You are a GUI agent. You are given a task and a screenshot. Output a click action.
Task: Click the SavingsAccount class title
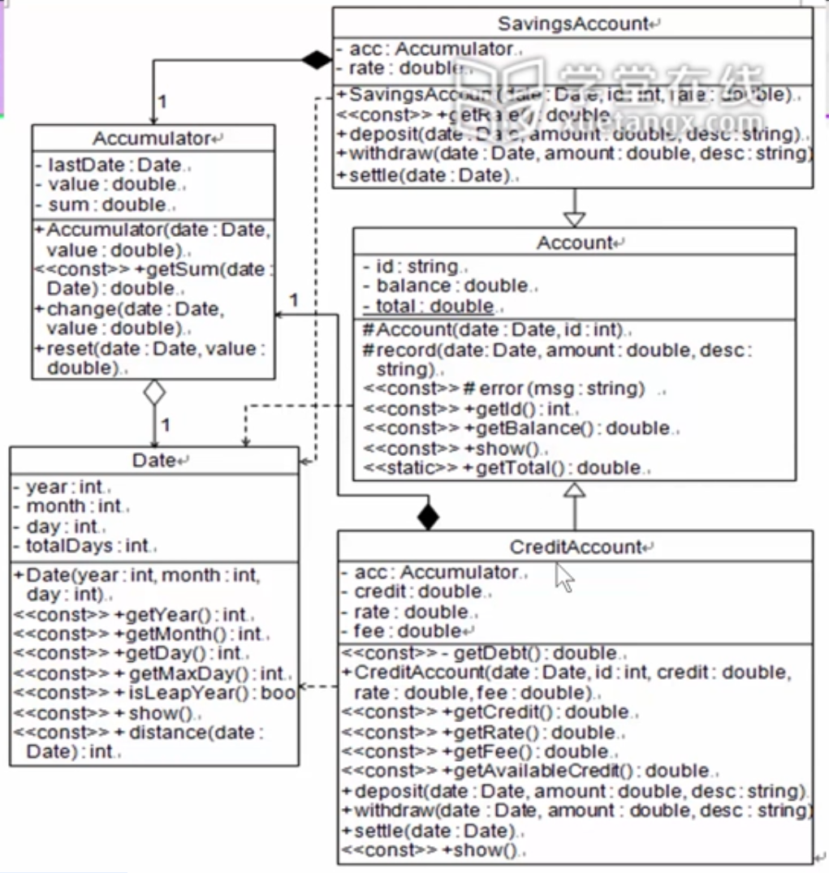point(572,24)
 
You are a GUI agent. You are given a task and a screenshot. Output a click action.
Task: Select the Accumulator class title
point(152,139)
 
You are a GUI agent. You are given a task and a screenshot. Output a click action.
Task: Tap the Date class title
point(154,461)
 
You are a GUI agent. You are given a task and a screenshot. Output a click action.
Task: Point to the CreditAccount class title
point(574,547)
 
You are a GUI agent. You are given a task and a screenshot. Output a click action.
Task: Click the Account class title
point(574,243)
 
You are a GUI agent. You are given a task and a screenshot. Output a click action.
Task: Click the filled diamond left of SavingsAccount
point(317,58)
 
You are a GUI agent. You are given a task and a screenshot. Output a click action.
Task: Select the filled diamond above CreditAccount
point(427,516)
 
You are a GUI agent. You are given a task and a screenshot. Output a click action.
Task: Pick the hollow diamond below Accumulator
point(153,393)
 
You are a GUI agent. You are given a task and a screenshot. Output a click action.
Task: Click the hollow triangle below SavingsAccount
point(574,217)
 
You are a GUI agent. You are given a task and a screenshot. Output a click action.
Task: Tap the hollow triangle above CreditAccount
point(574,489)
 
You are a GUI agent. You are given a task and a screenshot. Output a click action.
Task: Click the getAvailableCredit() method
point(528,771)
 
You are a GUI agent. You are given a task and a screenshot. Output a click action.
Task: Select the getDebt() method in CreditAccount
point(483,653)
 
